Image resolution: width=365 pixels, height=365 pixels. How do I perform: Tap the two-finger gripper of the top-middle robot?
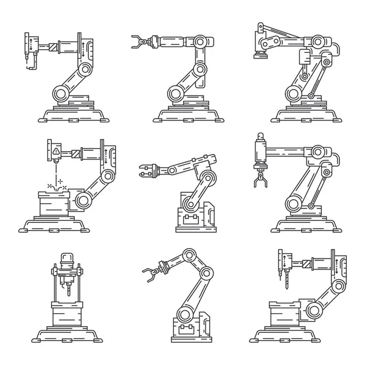[x=137, y=41]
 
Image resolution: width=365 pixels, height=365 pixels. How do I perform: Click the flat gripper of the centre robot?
[x=147, y=172]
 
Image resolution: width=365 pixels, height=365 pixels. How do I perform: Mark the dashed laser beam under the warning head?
[x=55, y=176]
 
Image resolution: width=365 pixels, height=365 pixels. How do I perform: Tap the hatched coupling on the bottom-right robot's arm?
[x=301, y=263]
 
